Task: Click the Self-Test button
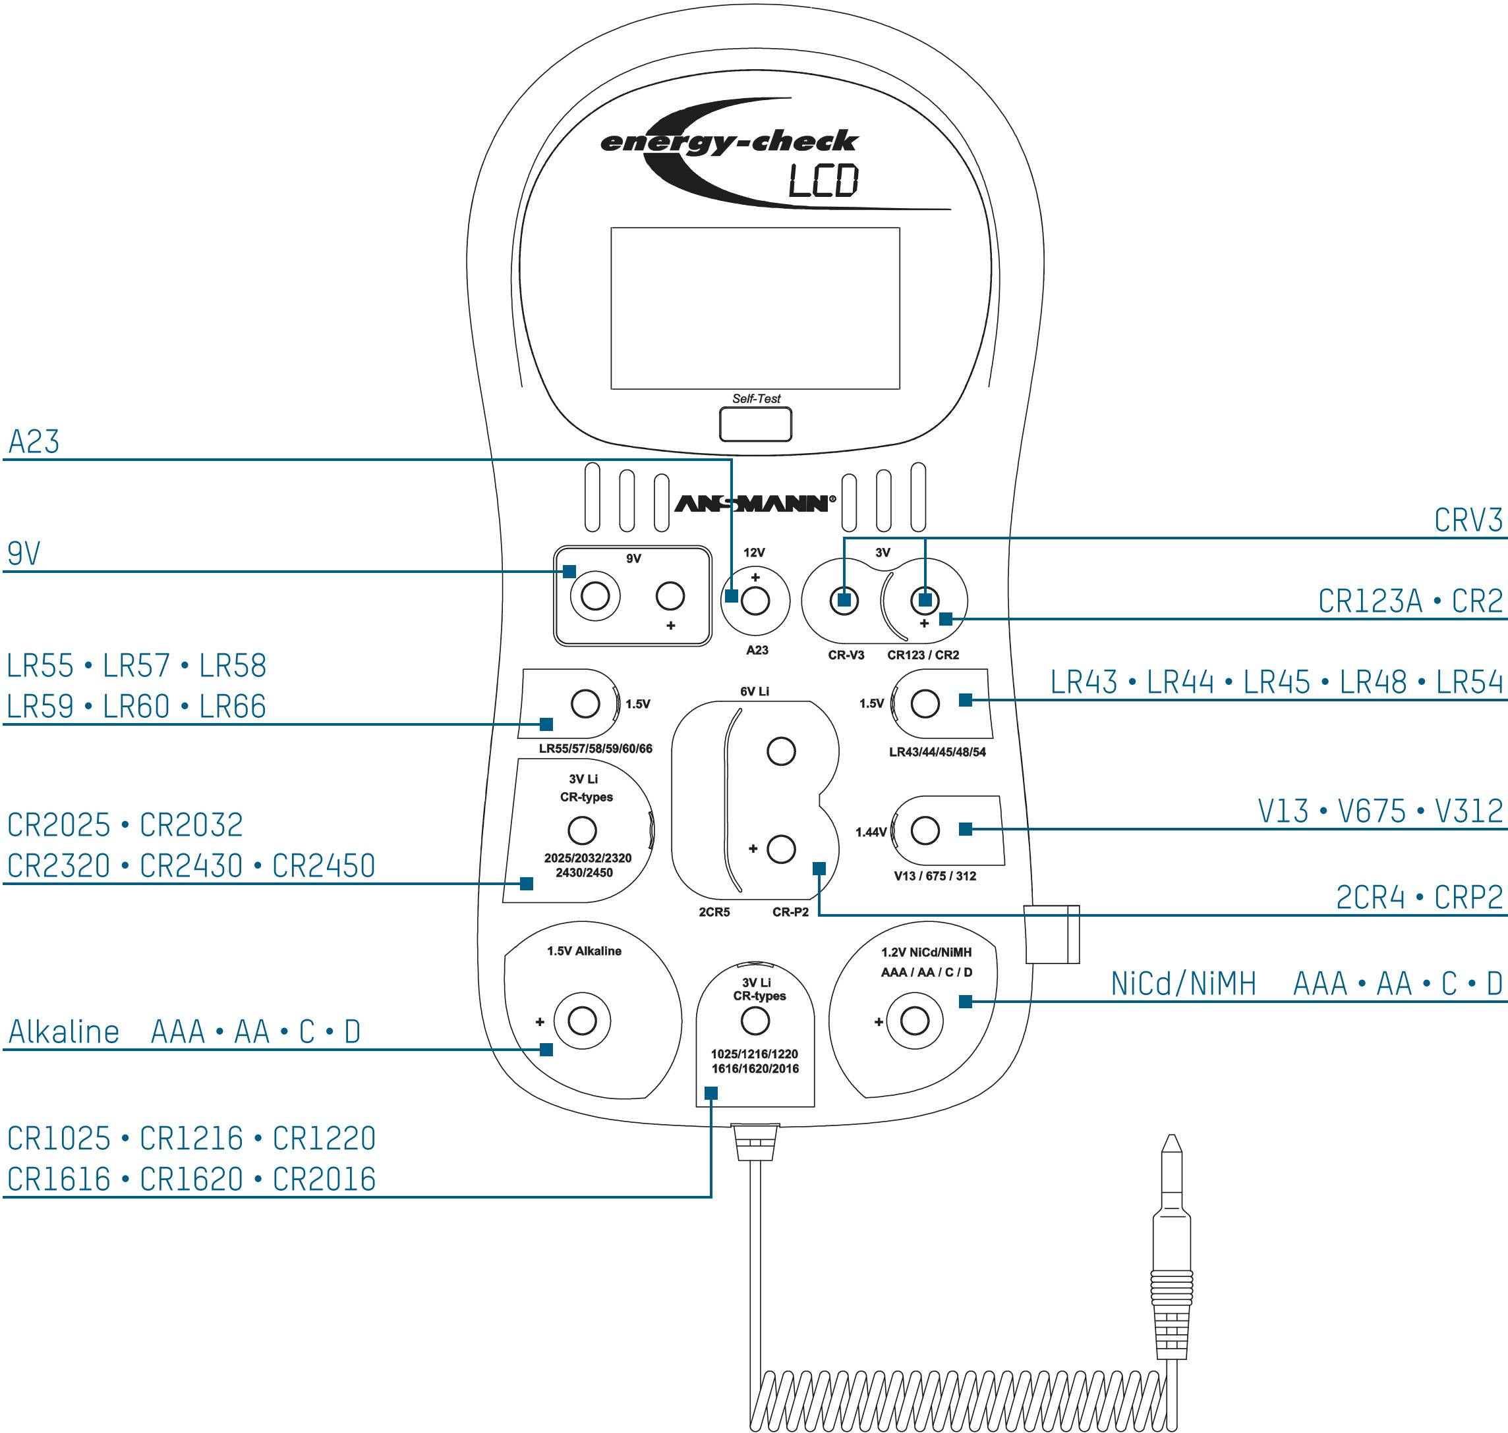tap(755, 424)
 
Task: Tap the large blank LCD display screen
tap(755, 308)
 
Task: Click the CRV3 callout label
tap(1468, 520)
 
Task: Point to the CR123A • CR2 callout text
tap(1410, 601)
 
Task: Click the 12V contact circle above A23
tap(755, 601)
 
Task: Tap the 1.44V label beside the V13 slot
tap(871, 832)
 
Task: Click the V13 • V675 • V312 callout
tap(1380, 811)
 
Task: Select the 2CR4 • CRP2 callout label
tap(1419, 898)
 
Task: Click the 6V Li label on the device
tap(755, 691)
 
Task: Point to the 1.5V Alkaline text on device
tap(584, 951)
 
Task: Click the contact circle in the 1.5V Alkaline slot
tap(583, 1021)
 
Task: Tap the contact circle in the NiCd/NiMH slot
tap(915, 1021)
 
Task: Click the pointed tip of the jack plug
tap(1171, 1143)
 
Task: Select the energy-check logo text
tap(728, 142)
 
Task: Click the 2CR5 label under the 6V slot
tap(714, 912)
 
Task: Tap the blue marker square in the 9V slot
tap(569, 572)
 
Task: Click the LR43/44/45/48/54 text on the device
tap(937, 753)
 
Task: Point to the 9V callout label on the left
tap(24, 554)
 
